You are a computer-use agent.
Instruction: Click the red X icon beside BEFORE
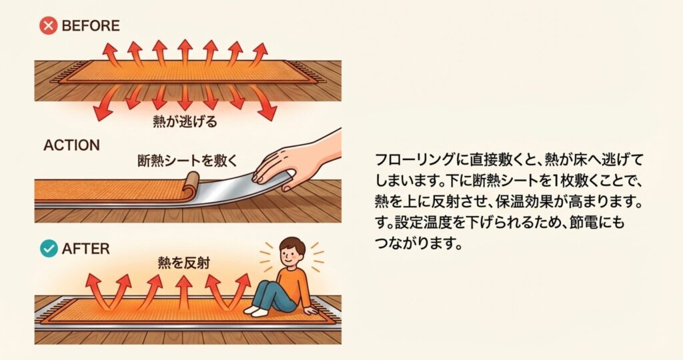[x=48, y=26]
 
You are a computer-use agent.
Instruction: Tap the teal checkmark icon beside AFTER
[x=49, y=249]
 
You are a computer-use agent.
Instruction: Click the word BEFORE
[x=91, y=26]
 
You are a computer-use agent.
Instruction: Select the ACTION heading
[x=71, y=145]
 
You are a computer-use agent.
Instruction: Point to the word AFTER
[x=86, y=249]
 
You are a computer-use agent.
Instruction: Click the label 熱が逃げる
[x=185, y=121]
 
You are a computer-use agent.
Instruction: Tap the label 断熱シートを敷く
[x=187, y=161]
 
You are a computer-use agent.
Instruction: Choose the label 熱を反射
[x=184, y=263]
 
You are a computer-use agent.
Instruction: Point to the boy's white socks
[x=255, y=311]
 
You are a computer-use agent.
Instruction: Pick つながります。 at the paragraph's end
[x=419, y=243]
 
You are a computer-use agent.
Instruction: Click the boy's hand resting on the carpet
[x=311, y=311]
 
